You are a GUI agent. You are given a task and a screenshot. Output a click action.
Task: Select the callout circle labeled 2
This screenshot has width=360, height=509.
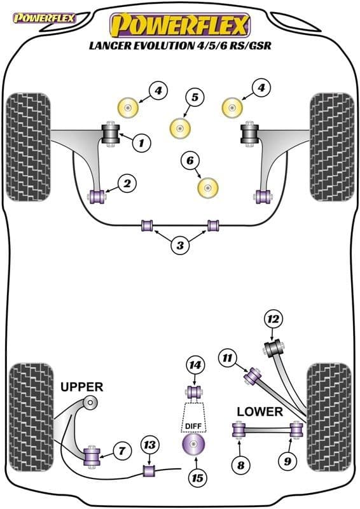pyautogui.click(x=127, y=185)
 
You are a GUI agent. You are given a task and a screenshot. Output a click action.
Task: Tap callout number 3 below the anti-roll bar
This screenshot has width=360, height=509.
pyautogui.click(x=180, y=245)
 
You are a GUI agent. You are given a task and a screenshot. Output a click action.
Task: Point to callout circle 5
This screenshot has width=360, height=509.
pyautogui.click(x=195, y=98)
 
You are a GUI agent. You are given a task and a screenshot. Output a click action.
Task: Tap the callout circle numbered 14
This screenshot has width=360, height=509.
pyautogui.click(x=195, y=365)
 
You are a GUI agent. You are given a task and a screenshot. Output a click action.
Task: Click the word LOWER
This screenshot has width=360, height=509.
pyautogui.click(x=260, y=412)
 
